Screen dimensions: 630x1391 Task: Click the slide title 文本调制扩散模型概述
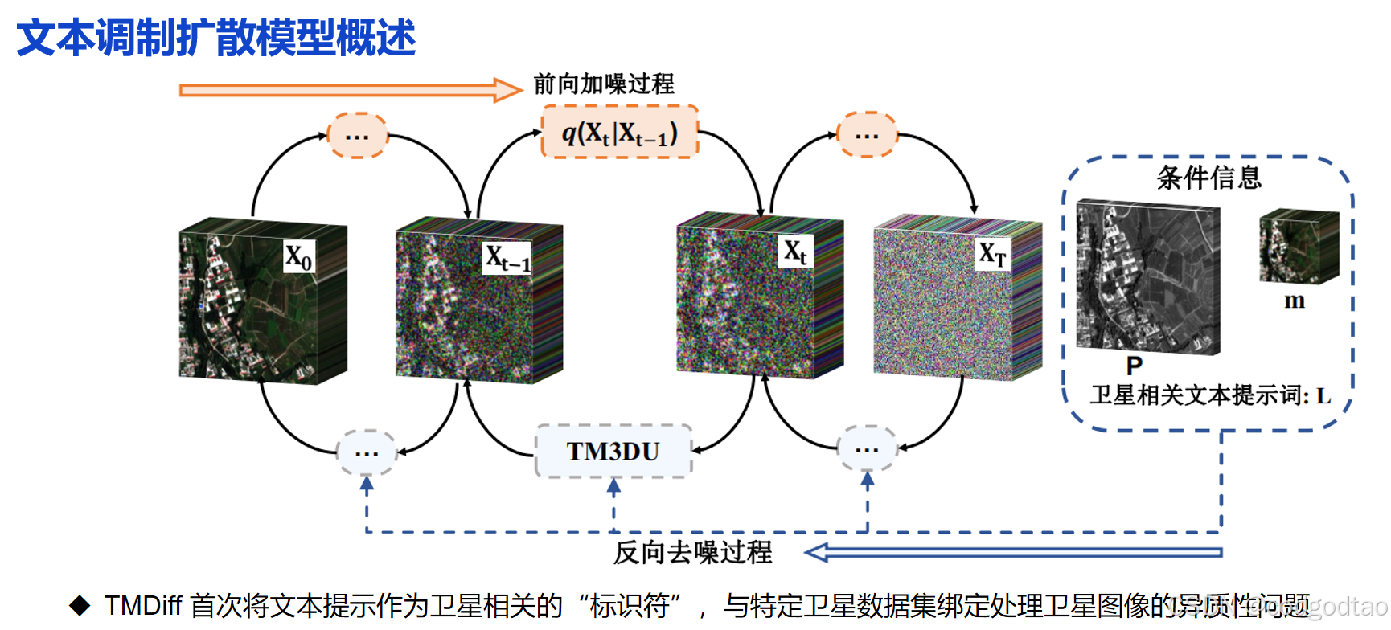coord(215,38)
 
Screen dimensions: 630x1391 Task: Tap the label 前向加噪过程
coord(604,84)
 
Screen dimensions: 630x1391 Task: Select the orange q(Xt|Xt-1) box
coord(619,133)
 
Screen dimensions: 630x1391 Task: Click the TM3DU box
coord(613,452)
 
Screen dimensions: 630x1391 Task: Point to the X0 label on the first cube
coord(299,257)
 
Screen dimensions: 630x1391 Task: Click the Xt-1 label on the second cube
coord(507,258)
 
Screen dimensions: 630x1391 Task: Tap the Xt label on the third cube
coord(795,252)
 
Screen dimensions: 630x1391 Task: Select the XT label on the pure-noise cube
coord(992,254)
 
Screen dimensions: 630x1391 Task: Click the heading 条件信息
coord(1208,178)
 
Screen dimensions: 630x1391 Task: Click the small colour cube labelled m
coord(1299,246)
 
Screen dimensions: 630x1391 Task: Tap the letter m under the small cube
coord(1294,301)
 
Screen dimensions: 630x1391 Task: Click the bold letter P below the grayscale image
coord(1134,366)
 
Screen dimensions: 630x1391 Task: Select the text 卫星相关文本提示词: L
coord(1210,395)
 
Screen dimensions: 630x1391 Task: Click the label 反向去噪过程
coord(692,552)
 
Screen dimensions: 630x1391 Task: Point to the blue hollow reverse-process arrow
coord(1013,552)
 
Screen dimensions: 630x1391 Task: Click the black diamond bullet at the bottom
coord(80,605)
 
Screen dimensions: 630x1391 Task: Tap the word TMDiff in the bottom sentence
coord(143,605)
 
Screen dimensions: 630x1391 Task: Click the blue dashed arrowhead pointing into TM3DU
coord(613,486)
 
